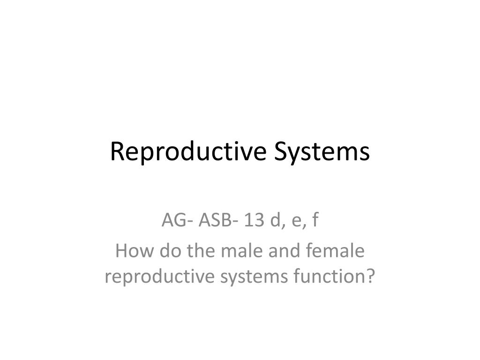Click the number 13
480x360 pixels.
coord(254,220)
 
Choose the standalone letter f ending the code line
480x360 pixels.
coord(315,219)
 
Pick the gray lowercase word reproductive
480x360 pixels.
coord(159,277)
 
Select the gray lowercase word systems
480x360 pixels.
coord(254,277)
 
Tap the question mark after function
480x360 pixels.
coord(370,276)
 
